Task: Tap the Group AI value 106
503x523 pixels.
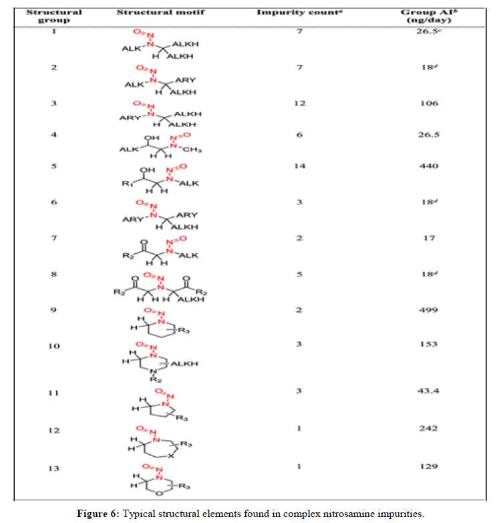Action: pos(430,104)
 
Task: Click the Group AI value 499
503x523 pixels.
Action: pos(430,310)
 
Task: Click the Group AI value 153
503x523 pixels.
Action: pos(430,344)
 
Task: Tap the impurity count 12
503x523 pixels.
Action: pos(300,104)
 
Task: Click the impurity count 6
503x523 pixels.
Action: pos(300,136)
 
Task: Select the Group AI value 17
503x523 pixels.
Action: pos(430,238)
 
